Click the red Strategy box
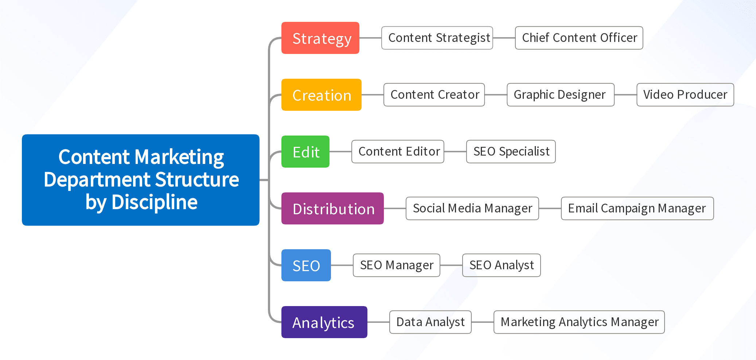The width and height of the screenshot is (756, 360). (320, 38)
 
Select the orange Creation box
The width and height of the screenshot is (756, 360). (322, 95)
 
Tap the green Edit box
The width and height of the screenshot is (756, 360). (305, 152)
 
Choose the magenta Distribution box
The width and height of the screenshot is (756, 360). (332, 208)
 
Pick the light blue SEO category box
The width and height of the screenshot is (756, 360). (306, 265)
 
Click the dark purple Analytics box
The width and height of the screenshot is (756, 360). (324, 322)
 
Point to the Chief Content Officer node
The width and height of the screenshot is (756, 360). (579, 38)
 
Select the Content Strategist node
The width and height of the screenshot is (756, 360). (437, 38)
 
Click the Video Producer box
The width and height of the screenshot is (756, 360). (685, 95)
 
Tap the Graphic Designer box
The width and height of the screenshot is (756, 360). (561, 95)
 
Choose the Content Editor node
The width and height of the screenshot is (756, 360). (398, 152)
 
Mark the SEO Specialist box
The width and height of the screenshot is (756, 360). (511, 152)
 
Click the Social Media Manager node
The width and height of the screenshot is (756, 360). (472, 208)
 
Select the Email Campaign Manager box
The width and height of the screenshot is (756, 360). (638, 208)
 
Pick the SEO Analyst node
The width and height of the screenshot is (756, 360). (502, 265)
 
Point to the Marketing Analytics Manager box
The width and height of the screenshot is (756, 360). (579, 322)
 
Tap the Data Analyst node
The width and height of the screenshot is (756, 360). (430, 322)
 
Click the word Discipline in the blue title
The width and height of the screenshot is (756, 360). (155, 202)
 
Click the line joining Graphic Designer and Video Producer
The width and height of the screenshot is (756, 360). (626, 95)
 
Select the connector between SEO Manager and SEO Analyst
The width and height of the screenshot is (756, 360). (451, 265)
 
